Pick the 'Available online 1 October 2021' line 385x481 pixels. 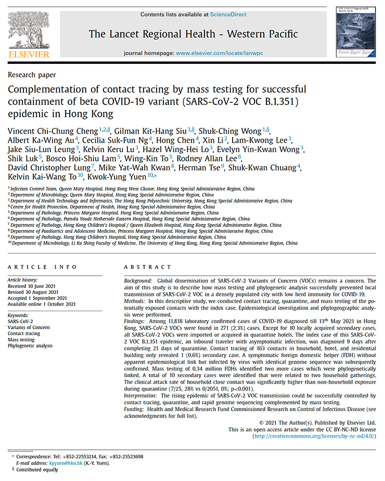(x=41, y=304)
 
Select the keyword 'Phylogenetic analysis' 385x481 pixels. (x=30, y=346)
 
